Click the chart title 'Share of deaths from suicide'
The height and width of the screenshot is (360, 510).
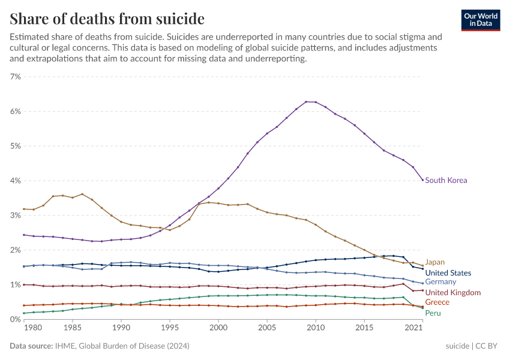[x=107, y=19]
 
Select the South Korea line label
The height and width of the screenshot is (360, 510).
[x=446, y=180]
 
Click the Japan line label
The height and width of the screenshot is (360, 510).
[x=435, y=262]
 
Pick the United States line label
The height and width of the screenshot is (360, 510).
[x=448, y=273]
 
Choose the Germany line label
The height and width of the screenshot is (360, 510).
[x=440, y=282]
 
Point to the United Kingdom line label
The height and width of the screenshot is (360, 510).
[x=453, y=292]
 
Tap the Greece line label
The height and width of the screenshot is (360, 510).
[x=437, y=302]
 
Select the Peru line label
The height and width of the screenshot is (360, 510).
[x=433, y=313]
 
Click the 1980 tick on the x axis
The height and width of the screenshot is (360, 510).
[x=33, y=328]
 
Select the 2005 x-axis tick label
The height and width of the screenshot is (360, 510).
[x=267, y=328]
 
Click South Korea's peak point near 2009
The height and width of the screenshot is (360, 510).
[x=306, y=102]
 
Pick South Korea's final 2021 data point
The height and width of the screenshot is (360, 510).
[x=422, y=180]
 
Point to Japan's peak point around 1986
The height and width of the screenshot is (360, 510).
[x=82, y=194]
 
